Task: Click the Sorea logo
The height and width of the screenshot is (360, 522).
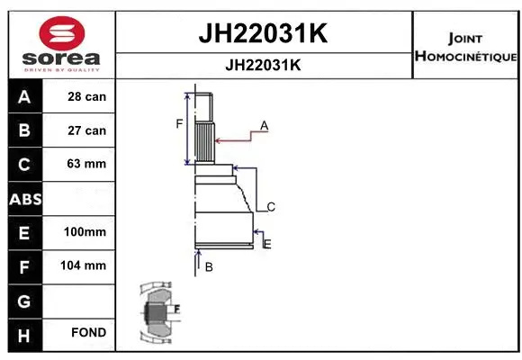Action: click(x=61, y=43)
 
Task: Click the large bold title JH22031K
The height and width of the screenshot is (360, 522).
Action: click(x=262, y=34)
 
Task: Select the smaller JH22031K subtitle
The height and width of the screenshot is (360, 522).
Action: click(x=262, y=66)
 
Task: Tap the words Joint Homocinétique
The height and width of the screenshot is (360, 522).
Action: click(x=464, y=48)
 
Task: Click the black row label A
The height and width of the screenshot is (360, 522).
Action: click(x=23, y=96)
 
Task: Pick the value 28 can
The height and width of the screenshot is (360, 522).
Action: click(x=87, y=96)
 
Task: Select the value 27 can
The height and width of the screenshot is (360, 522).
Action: click(x=87, y=130)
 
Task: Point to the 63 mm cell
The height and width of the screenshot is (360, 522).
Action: click(x=87, y=164)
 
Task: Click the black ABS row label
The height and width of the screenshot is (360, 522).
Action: click(x=23, y=198)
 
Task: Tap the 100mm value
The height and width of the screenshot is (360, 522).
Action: click(x=85, y=232)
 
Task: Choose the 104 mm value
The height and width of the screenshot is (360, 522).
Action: click(x=87, y=265)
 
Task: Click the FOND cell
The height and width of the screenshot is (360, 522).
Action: click(x=89, y=333)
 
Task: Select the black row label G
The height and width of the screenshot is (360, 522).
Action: click(x=23, y=300)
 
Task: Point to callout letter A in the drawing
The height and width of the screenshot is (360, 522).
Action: click(x=265, y=124)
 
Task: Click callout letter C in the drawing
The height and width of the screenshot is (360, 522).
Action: click(x=270, y=207)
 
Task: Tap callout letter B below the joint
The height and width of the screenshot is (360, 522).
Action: click(x=209, y=266)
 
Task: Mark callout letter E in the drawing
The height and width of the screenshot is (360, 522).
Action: click(x=267, y=243)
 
